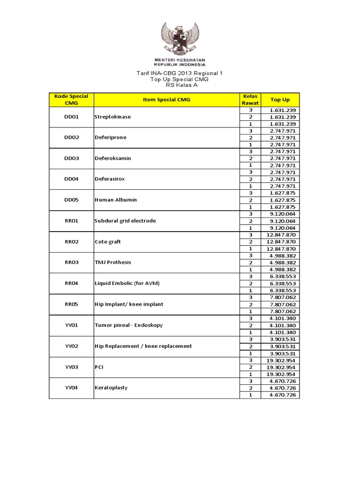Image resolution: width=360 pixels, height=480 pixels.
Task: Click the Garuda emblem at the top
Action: (180, 39)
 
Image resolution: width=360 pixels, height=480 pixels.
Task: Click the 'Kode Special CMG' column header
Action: (71, 99)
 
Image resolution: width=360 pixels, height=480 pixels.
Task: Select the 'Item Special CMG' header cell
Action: (166, 99)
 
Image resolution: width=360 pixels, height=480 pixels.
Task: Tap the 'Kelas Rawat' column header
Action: (250, 99)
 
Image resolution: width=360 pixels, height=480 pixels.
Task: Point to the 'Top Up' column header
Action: (280, 99)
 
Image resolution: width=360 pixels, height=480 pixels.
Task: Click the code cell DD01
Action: (71, 117)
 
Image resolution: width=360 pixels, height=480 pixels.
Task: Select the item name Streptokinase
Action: (113, 117)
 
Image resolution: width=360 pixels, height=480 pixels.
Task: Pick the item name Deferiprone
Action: (111, 138)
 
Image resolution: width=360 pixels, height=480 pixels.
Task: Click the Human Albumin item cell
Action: (116, 200)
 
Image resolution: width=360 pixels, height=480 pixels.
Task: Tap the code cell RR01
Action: (71, 221)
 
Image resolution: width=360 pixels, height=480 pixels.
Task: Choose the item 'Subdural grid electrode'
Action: (125, 221)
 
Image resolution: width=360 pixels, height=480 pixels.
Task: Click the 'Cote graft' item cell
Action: (108, 242)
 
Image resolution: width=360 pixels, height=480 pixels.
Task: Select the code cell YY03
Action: (71, 367)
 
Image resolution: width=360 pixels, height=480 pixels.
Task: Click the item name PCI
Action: (99, 367)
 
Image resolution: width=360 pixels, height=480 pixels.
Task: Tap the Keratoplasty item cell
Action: (111, 388)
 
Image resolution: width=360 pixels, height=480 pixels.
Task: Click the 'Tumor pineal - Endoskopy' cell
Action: (128, 325)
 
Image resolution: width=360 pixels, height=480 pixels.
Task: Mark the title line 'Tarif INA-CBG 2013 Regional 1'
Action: (180, 74)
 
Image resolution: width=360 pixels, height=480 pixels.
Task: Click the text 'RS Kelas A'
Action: (180, 85)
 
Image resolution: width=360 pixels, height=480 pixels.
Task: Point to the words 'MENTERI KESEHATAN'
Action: (180, 60)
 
